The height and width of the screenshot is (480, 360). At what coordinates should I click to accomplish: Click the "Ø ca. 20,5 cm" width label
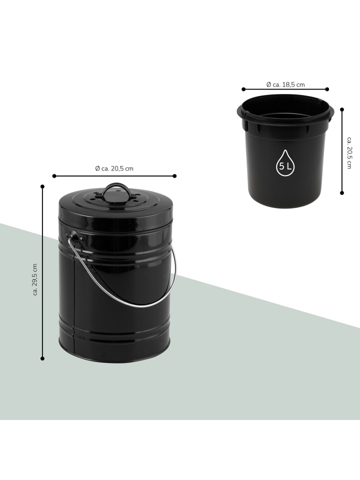114,168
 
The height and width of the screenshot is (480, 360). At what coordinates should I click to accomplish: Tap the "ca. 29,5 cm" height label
35,279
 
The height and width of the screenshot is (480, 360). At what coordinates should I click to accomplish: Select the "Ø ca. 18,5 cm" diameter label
285,84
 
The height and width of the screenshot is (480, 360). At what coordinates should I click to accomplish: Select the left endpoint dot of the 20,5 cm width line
54,176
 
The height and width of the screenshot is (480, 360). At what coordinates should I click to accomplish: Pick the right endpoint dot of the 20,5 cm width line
174,176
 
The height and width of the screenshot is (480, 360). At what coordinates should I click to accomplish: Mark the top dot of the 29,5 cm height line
42,186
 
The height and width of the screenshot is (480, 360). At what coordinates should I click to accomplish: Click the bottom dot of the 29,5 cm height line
42,358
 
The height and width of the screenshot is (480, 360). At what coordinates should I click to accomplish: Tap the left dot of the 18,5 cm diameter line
243,89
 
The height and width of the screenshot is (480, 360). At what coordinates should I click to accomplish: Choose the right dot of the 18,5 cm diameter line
327,89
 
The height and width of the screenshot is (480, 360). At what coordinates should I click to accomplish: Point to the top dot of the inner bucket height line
342,109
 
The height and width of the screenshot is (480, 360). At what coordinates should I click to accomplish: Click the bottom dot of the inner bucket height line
342,193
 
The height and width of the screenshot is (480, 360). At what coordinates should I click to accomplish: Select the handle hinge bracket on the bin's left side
73,236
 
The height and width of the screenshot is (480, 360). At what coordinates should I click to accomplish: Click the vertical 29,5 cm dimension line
42,272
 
